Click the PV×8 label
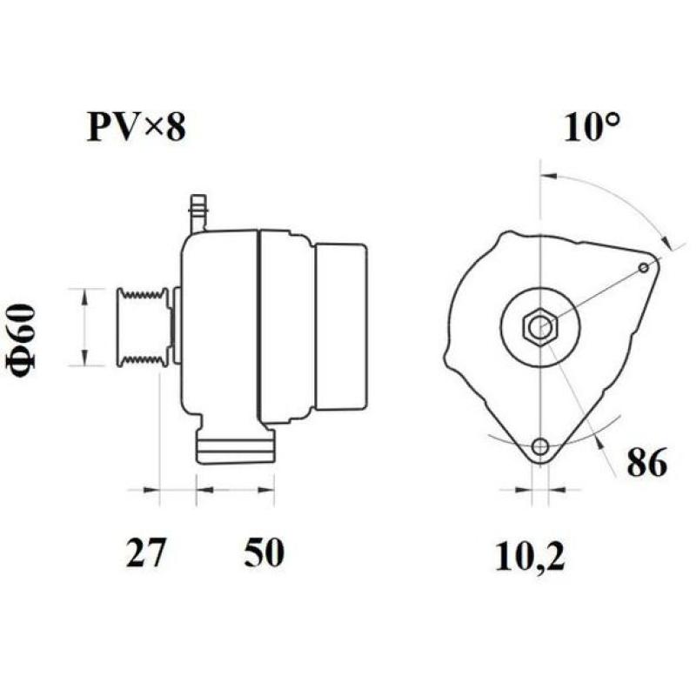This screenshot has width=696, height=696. point(136,129)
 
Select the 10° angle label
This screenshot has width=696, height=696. point(592,129)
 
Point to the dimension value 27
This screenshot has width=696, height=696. point(147,553)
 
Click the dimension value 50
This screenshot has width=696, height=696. point(263,553)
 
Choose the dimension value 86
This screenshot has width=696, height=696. point(646,463)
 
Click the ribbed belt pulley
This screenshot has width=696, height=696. point(144,326)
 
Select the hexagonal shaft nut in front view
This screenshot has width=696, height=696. point(539,327)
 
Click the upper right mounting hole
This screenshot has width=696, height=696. point(644,267)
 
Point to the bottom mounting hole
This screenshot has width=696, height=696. point(541,447)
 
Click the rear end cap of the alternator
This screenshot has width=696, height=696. point(339,326)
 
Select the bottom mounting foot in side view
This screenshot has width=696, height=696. point(235,448)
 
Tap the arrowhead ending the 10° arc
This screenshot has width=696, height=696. point(666,243)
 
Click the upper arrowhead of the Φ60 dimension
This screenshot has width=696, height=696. point(84,296)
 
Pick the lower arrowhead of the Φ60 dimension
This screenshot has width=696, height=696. point(84,358)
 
